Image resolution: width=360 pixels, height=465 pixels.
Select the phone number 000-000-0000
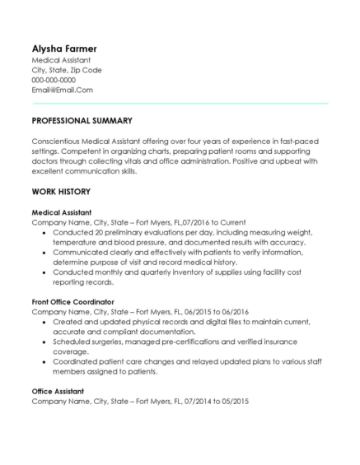point(54,80)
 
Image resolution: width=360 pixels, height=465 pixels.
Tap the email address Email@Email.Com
point(62,90)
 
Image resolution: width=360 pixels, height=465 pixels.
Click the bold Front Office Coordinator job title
point(72,302)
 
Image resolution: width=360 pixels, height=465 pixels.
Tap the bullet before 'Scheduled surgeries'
point(44,342)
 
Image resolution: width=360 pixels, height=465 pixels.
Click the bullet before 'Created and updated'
point(44,322)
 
